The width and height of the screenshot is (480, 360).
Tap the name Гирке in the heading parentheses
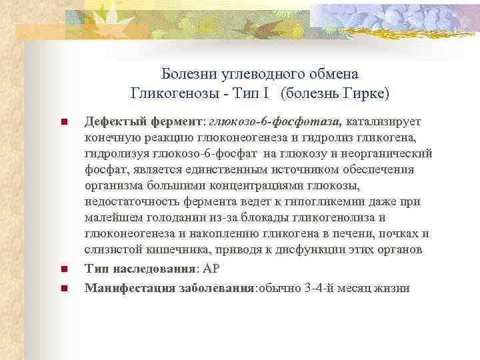(366, 91)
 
